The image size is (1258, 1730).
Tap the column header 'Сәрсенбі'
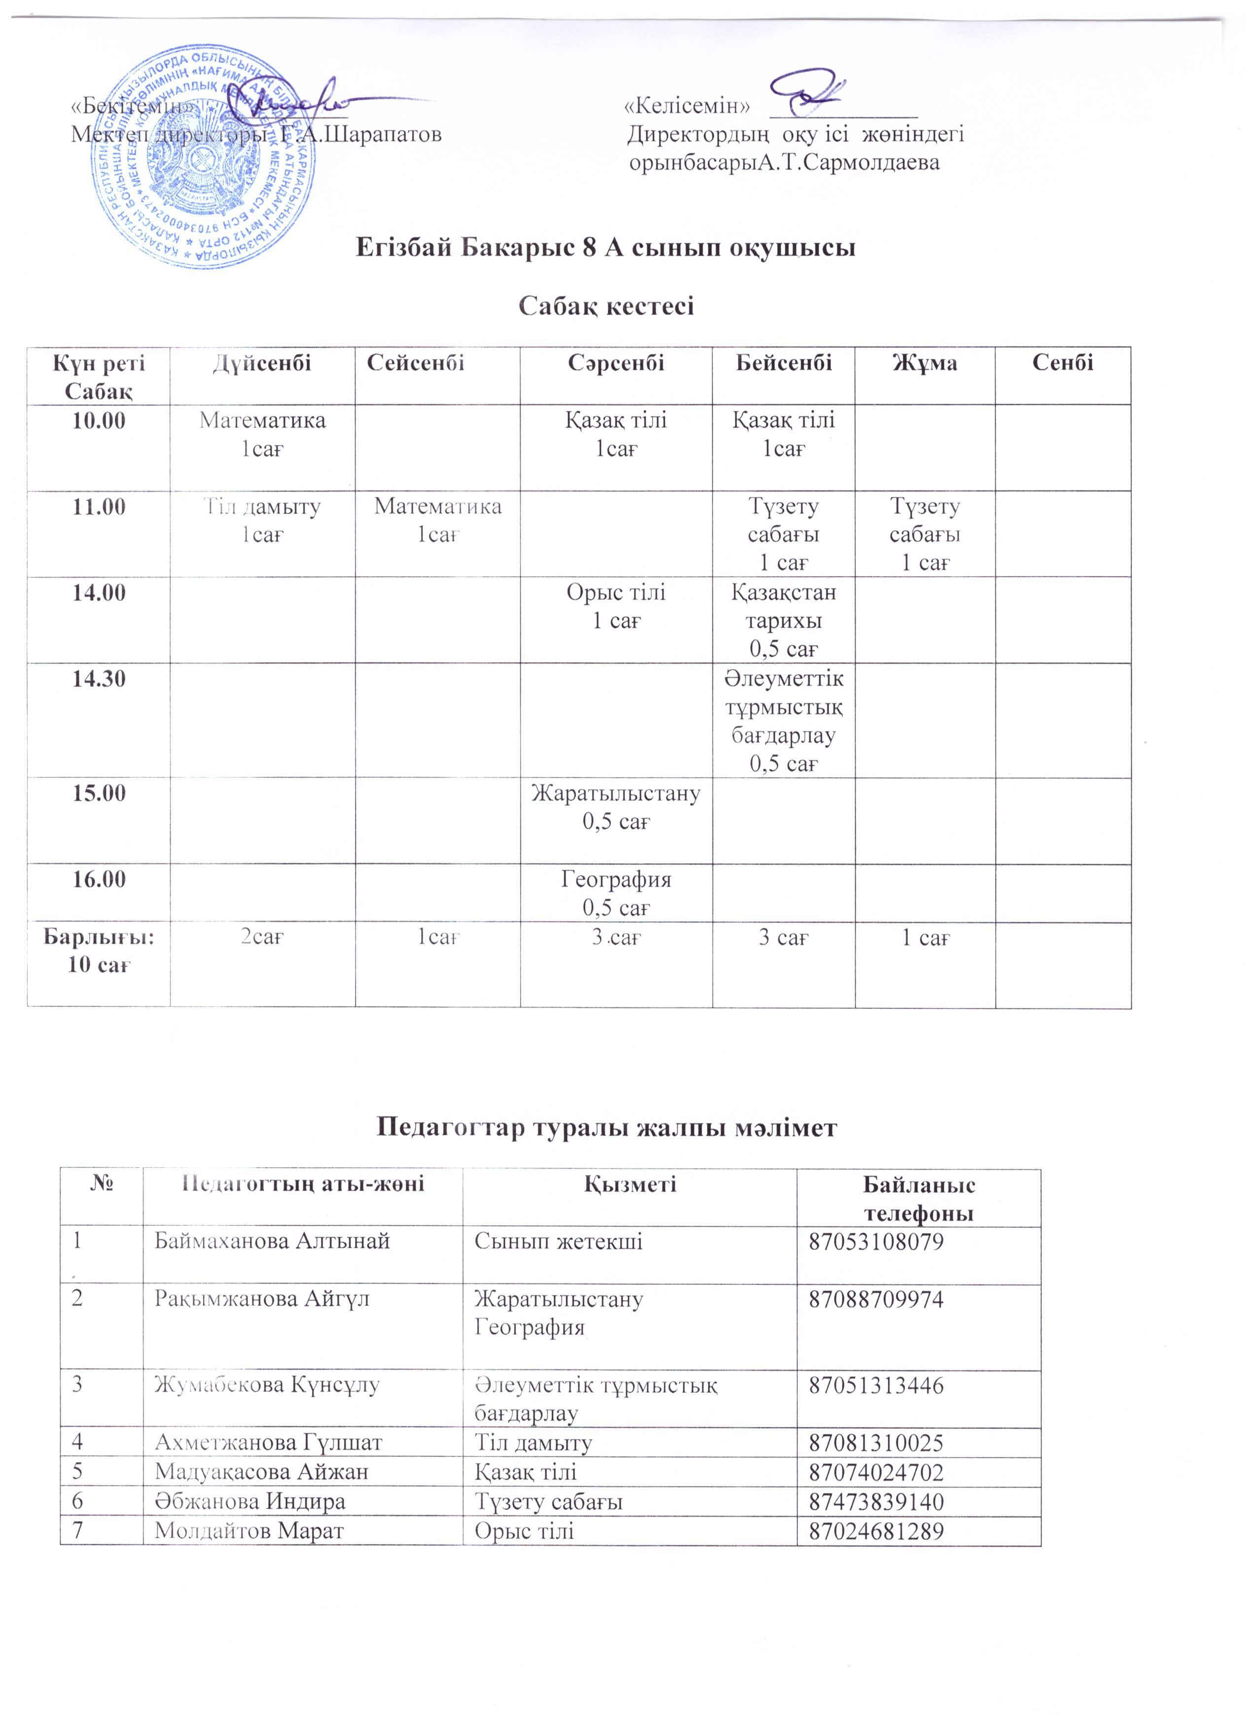(616, 363)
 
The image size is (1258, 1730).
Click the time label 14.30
(99, 679)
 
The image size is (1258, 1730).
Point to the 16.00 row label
(99, 879)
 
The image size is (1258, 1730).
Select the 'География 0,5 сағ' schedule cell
(616, 893)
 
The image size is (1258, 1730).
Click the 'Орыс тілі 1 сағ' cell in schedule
(616, 606)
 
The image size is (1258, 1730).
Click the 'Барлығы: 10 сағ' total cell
(99, 950)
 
